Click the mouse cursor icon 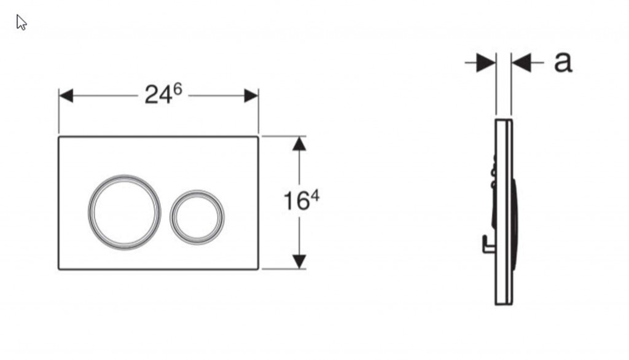21,22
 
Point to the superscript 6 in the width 178,88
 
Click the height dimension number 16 297,201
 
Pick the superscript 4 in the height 315,196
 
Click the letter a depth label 563,62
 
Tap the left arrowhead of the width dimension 66,96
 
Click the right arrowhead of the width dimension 251,96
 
